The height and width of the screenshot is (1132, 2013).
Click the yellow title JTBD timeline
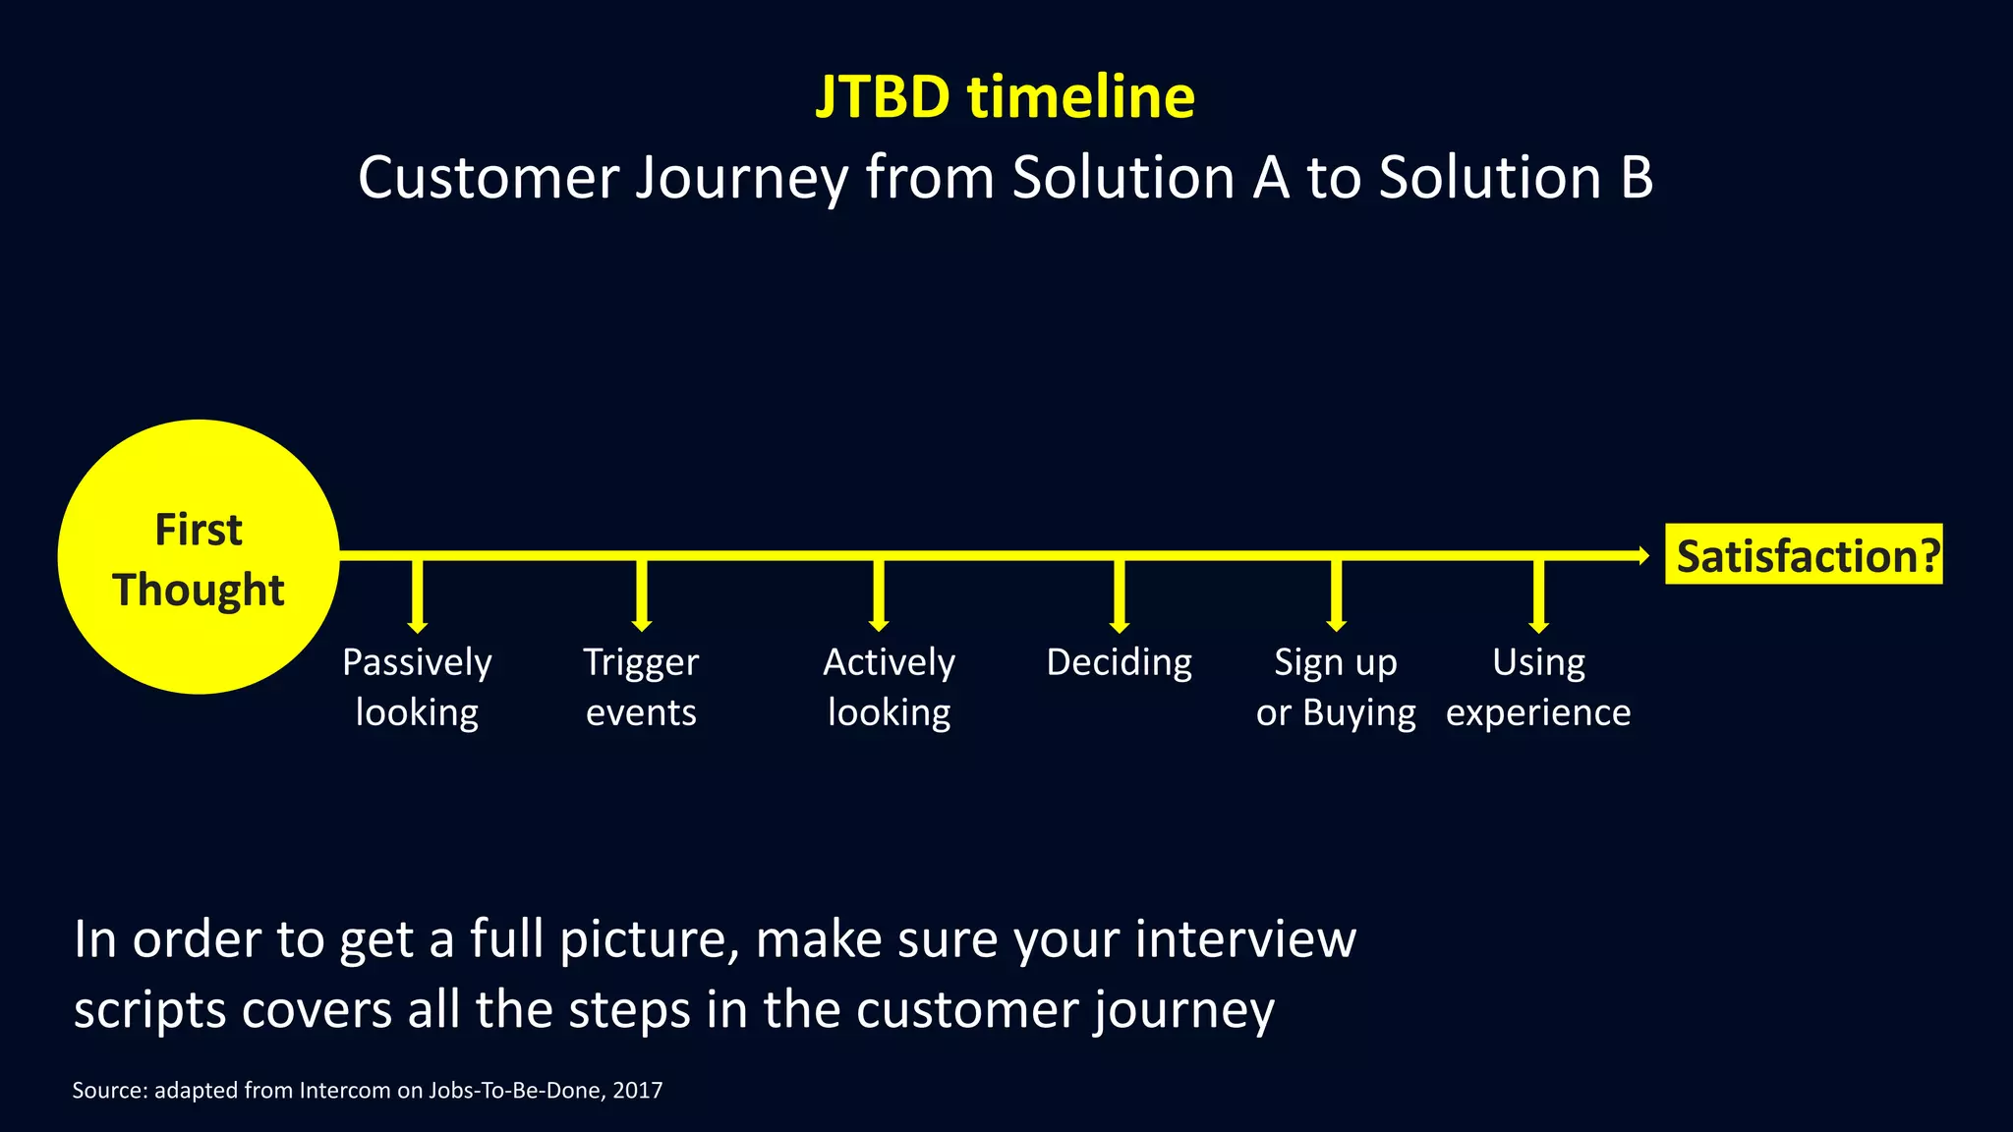coord(1005,97)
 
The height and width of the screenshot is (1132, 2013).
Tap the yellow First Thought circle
coord(199,557)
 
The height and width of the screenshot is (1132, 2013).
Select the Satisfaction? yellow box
coord(1804,555)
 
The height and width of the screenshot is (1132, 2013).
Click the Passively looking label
coord(417,687)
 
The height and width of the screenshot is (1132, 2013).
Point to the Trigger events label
coord(641,687)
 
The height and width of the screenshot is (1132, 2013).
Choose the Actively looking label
coord(889,687)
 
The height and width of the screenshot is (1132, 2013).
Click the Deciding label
coord(1119,663)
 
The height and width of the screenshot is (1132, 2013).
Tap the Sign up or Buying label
coord(1336,687)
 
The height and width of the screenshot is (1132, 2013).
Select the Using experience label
coord(1538,687)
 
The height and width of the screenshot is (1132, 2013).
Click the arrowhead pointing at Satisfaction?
coord(1642,556)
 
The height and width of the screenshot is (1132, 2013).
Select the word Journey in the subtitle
coord(741,179)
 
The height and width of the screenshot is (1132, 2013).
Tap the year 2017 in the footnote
coord(637,1090)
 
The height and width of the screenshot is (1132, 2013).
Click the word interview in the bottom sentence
coord(1245,939)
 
